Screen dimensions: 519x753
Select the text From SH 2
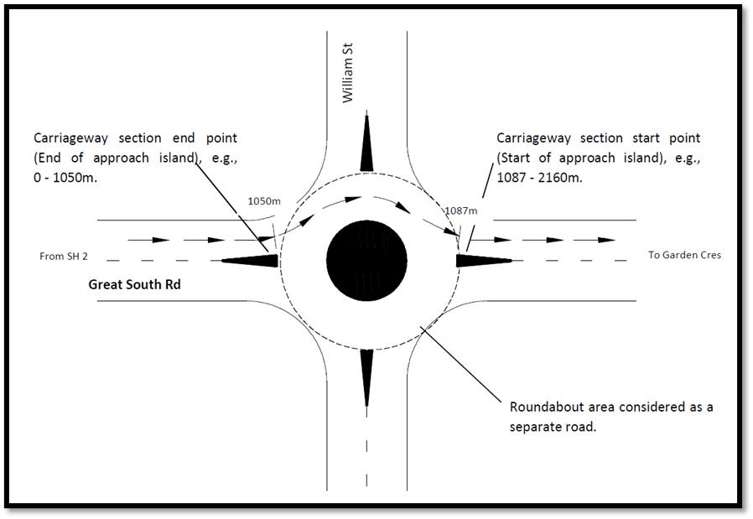coord(64,256)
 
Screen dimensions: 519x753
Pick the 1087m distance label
coord(461,210)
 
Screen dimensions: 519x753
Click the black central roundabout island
coord(366,260)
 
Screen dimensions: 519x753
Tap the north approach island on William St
coord(366,143)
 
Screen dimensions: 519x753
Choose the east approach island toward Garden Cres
coord(482,260)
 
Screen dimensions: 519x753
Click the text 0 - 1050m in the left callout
coord(63,178)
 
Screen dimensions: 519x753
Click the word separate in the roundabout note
coord(537,426)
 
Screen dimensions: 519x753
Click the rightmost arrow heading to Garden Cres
coord(605,240)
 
